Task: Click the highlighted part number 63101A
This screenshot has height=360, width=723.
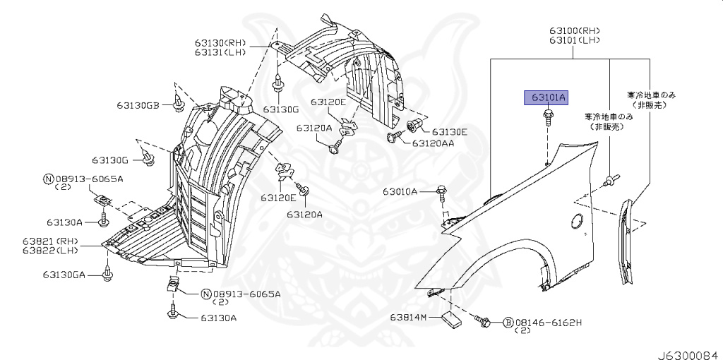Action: point(545,97)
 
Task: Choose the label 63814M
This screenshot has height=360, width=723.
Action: point(409,317)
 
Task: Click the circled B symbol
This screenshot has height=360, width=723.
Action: point(507,323)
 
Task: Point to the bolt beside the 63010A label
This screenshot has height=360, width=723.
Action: point(441,190)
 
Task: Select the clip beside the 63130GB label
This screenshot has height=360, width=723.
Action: point(179,105)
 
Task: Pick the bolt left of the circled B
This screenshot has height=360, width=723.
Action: point(485,322)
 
